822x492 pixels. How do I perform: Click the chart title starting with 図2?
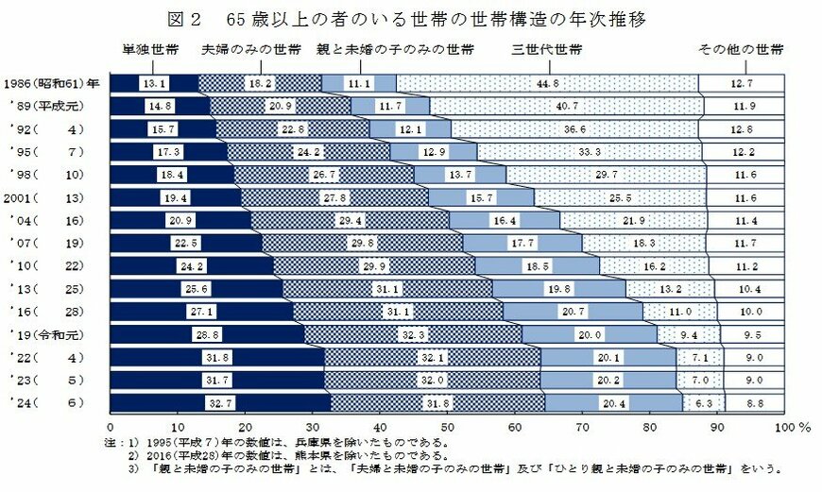click(411, 18)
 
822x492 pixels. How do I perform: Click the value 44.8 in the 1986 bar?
click(548, 84)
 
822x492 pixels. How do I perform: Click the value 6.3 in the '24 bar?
click(703, 402)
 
